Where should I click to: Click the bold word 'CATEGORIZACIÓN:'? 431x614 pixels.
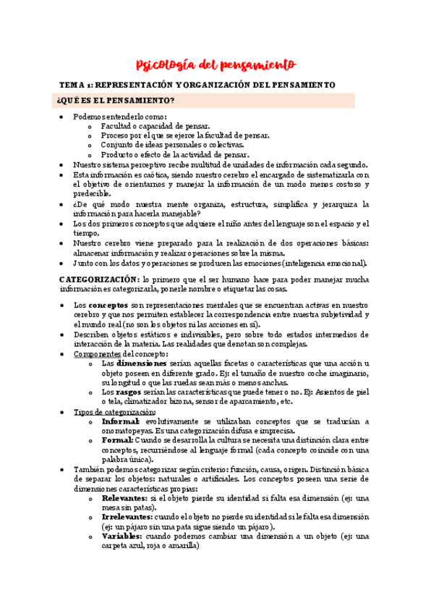99,278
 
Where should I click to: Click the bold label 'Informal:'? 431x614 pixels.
121,421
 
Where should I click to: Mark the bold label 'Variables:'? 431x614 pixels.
123,536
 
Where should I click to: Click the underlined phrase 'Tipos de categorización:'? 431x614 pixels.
114,411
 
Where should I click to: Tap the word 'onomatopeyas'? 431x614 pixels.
129,430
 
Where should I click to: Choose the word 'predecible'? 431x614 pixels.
92,194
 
